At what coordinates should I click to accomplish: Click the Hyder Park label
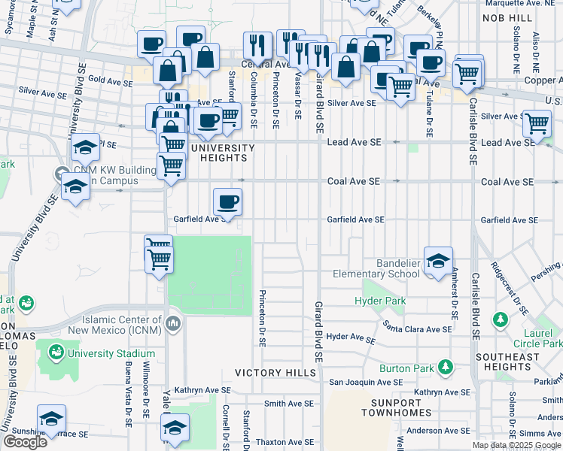(380, 301)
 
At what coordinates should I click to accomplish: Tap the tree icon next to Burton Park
(446, 366)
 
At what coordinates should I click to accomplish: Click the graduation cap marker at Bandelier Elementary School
(438, 261)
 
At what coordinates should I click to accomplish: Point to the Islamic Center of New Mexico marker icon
(174, 324)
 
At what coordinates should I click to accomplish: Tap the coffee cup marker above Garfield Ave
(227, 201)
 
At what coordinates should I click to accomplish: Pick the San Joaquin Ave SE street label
(364, 382)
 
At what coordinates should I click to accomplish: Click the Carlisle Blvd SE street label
(473, 131)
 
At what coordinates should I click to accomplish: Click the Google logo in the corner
(26, 442)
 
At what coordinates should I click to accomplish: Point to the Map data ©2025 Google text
(516, 445)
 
